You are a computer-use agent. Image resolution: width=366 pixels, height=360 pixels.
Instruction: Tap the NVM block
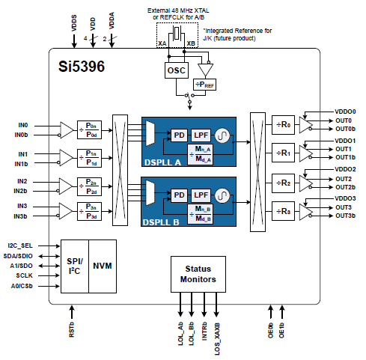(x=105, y=265)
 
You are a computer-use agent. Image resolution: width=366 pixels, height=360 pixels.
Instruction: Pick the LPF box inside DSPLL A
(x=200, y=135)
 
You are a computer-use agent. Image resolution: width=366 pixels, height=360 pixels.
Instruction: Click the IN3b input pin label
(x=22, y=216)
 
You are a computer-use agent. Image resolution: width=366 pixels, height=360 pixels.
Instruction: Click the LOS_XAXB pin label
(x=217, y=328)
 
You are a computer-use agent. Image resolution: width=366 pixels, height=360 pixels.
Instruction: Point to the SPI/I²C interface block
(x=74, y=265)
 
